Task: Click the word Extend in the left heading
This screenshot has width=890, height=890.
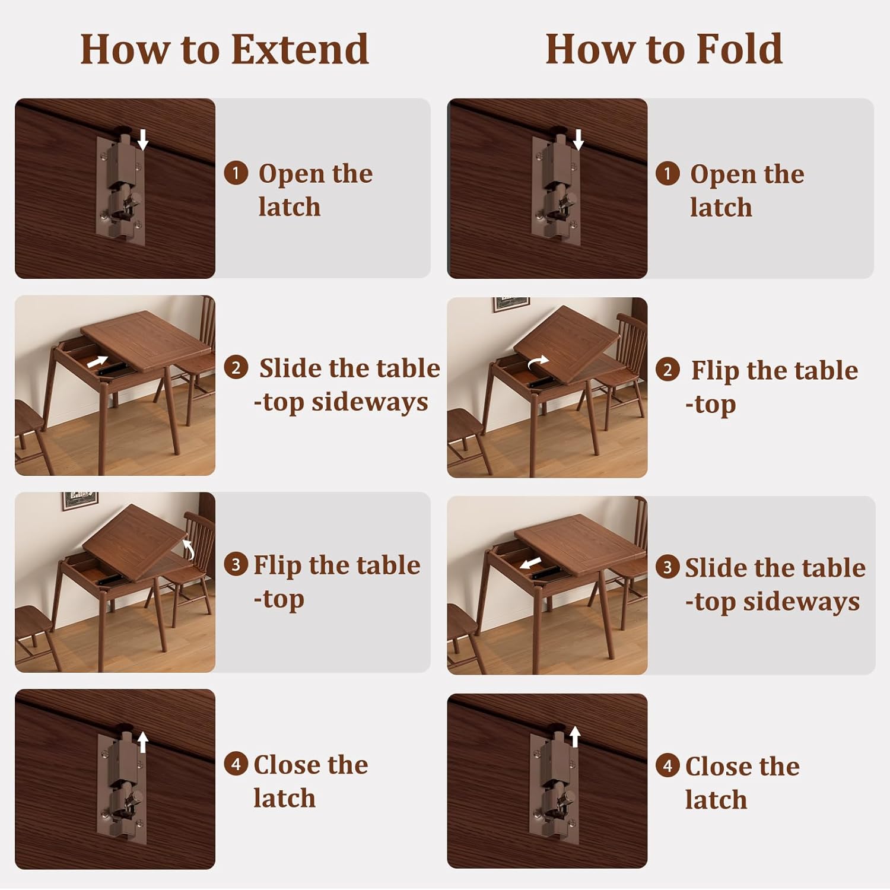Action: (300, 49)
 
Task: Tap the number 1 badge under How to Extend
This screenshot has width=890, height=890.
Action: (236, 173)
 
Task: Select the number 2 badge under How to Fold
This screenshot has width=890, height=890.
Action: (667, 370)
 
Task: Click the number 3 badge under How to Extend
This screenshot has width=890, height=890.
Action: (236, 564)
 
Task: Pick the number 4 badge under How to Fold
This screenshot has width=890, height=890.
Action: (667, 766)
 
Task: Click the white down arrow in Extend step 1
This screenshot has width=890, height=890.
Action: (143, 140)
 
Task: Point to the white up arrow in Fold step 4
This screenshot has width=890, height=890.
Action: (574, 736)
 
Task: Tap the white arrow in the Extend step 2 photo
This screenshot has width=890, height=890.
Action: (98, 361)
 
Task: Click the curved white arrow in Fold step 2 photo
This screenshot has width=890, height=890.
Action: (538, 361)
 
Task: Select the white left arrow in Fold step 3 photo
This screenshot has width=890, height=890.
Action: (530, 562)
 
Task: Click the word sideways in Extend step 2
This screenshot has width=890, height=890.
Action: (369, 402)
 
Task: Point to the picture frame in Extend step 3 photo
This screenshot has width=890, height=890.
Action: (80, 500)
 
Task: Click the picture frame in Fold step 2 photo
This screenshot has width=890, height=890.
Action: (511, 303)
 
